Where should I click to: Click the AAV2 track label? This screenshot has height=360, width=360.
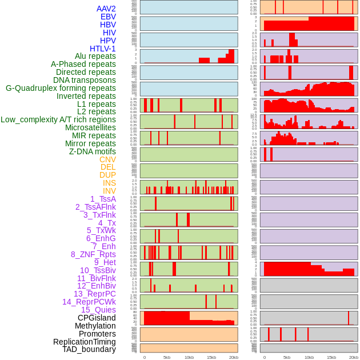(x=106, y=9)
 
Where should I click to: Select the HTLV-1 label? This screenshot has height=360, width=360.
(x=102, y=49)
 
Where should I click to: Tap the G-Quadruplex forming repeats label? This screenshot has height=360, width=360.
(x=61, y=88)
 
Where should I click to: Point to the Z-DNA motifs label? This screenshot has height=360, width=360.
(x=92, y=151)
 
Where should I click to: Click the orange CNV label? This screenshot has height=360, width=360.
(x=107, y=159)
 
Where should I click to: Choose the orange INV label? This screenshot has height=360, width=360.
(x=109, y=191)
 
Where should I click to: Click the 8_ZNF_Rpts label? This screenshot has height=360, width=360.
(x=93, y=254)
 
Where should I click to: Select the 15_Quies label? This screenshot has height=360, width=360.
(x=98, y=310)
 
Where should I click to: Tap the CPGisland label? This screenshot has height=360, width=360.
(x=97, y=318)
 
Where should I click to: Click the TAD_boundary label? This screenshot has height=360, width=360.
(x=89, y=349)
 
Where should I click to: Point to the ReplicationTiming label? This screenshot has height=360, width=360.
(x=84, y=342)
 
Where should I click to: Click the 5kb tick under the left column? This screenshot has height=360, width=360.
(x=167, y=357)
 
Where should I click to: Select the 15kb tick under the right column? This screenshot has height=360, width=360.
(x=331, y=357)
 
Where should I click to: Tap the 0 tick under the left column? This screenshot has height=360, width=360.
(x=144, y=357)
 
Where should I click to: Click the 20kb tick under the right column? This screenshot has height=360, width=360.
(x=354, y=357)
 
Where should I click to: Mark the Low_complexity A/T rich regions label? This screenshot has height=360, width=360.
(x=58, y=119)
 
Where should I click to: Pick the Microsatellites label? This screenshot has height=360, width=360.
(x=90, y=127)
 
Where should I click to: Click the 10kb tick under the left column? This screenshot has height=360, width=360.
(x=189, y=357)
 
